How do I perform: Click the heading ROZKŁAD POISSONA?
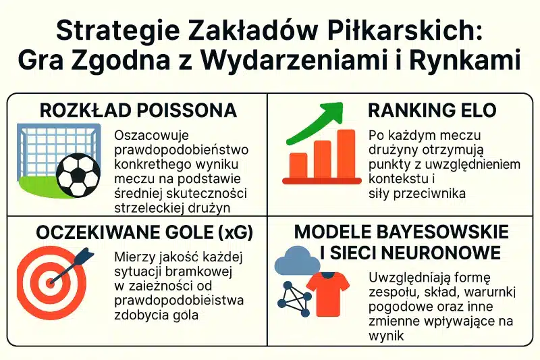click(138, 111)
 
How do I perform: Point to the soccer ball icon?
click(78, 174)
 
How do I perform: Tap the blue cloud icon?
click(297, 261)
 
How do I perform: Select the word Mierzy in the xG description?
click(132, 257)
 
